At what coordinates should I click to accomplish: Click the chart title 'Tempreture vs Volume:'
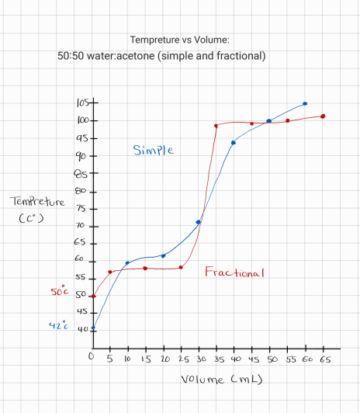pyautogui.click(x=179, y=40)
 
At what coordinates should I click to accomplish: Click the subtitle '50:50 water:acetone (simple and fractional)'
pyautogui.click(x=161, y=56)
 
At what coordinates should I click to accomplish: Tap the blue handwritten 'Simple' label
pyautogui.click(x=153, y=150)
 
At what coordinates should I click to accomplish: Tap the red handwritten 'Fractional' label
pyautogui.click(x=234, y=272)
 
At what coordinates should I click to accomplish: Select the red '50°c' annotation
pyautogui.click(x=60, y=293)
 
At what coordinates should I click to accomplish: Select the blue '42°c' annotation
pyautogui.click(x=60, y=326)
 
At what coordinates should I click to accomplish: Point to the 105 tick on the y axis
pyautogui.click(x=84, y=103)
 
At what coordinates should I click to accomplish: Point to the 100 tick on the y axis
pyautogui.click(x=84, y=120)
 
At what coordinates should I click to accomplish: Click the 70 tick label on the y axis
pyautogui.click(x=79, y=226)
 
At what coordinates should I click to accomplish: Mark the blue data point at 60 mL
pyautogui.click(x=305, y=103)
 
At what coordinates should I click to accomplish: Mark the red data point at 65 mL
pyautogui.click(x=323, y=116)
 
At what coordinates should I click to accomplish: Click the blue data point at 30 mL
pyautogui.click(x=199, y=222)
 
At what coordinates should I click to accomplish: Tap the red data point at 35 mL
pyautogui.click(x=216, y=126)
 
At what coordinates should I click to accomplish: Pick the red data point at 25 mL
pyautogui.click(x=181, y=268)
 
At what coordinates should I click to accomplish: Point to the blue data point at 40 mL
pyautogui.click(x=234, y=142)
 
